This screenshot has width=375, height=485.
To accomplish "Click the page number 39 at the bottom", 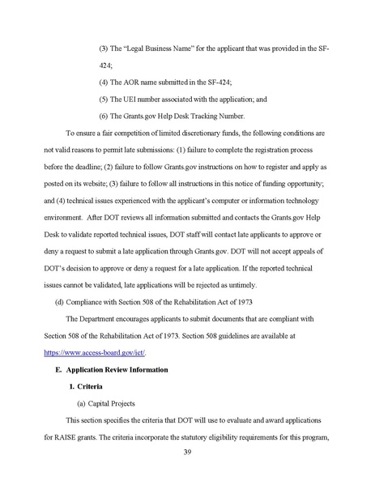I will coord(187,451).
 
